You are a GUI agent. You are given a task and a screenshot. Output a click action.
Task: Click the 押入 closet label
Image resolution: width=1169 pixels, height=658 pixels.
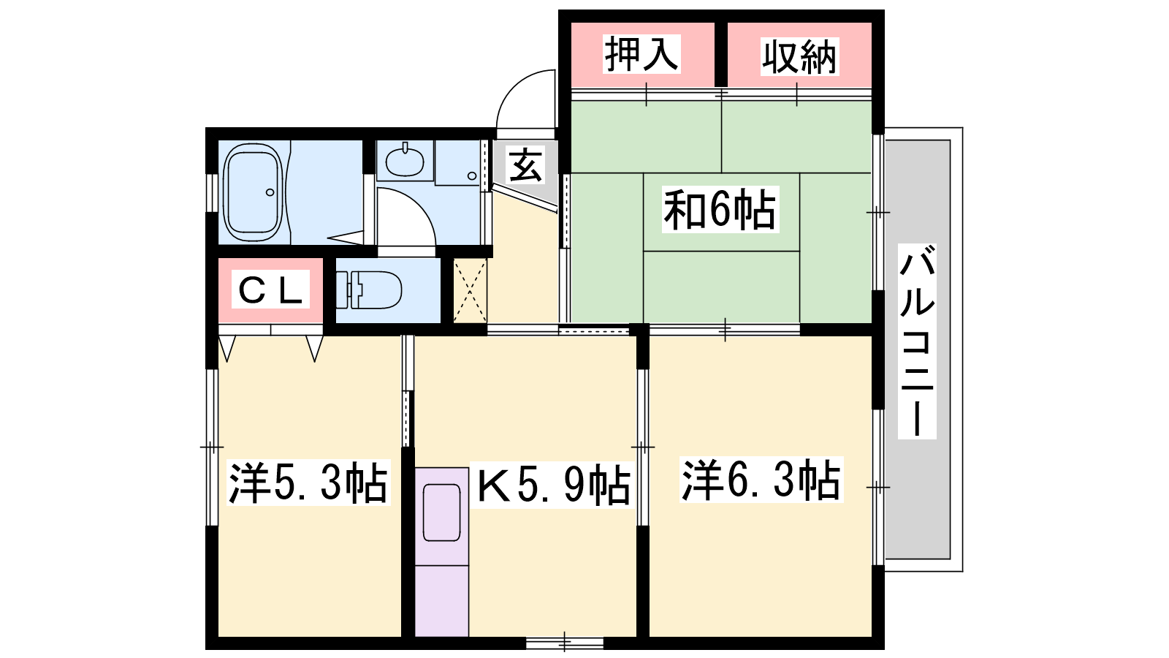[x=642, y=54]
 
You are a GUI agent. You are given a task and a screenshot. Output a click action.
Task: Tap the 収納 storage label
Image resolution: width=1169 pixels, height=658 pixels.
[x=799, y=56]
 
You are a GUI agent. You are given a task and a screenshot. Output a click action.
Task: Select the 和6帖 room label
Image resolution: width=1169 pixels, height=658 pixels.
[x=720, y=209]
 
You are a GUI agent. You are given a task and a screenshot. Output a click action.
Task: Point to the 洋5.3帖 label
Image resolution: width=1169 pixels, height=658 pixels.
[x=308, y=482]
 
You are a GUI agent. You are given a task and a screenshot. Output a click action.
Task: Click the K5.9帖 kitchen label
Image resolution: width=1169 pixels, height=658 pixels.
[x=552, y=484]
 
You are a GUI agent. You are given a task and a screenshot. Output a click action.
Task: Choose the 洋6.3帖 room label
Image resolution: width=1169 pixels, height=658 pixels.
[x=761, y=480]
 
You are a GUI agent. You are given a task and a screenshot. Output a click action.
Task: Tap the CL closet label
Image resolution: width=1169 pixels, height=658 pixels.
[x=270, y=290]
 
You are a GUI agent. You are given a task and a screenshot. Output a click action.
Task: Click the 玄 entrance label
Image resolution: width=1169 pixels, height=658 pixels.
[x=525, y=164]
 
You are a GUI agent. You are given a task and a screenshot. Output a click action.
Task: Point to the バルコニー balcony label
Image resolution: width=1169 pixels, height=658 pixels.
[x=917, y=341]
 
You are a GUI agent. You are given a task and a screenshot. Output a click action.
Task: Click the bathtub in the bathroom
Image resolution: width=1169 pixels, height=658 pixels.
[x=253, y=192]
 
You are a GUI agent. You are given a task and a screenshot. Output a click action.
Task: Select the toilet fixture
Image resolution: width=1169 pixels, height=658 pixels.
[x=368, y=290]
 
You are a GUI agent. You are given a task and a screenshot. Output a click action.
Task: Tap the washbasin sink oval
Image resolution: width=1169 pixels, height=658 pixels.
[x=405, y=162]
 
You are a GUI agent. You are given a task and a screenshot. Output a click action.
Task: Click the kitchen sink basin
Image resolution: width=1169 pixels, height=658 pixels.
[x=441, y=513]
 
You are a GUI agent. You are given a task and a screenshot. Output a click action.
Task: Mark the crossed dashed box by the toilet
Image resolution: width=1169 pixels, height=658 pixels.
[x=470, y=290]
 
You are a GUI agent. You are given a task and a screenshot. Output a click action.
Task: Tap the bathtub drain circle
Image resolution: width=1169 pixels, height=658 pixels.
[x=270, y=192]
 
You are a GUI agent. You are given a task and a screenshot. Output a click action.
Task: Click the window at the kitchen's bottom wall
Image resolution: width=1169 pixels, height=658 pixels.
[x=565, y=643]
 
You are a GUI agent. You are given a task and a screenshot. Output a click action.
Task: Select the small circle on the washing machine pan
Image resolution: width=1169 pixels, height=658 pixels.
[x=472, y=176]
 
